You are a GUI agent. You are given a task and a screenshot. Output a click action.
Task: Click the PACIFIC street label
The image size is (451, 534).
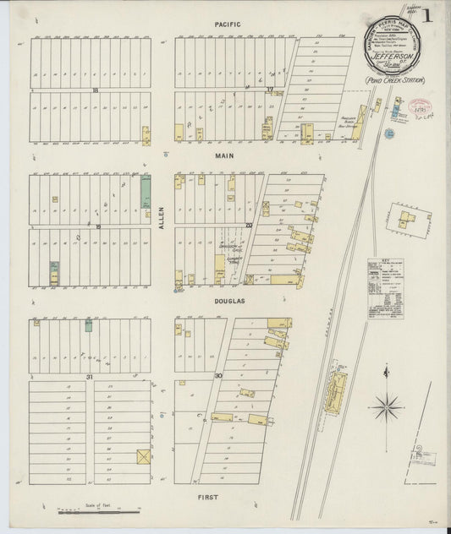pos(228,25)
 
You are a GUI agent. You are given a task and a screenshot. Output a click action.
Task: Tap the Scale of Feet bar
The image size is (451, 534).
pos(98,512)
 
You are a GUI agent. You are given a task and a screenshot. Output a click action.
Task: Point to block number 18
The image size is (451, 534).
pos(96,90)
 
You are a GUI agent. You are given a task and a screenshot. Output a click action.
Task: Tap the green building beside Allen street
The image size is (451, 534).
pos(146,188)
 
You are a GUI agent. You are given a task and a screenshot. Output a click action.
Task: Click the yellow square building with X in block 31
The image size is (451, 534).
pos(142,457)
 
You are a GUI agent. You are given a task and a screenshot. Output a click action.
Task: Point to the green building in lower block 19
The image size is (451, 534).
pos(54,272)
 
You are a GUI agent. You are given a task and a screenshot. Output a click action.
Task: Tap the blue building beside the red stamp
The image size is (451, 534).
pos(397,106)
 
